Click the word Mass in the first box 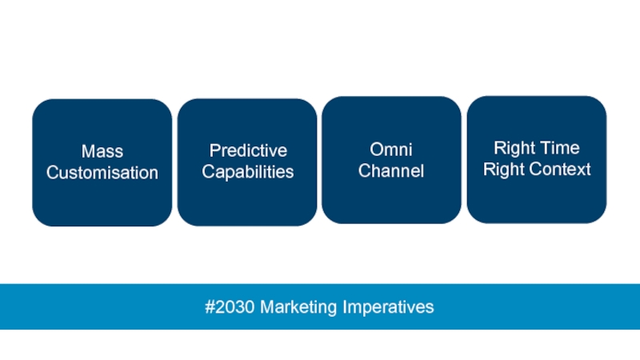click(x=102, y=151)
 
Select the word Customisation click(x=102, y=173)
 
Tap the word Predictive click(x=248, y=150)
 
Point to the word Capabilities click(x=248, y=172)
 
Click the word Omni click(x=391, y=150)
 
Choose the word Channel click(x=391, y=170)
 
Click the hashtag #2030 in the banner click(x=230, y=306)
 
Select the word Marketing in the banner click(x=298, y=307)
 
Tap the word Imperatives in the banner click(x=388, y=307)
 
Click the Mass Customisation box click(x=102, y=162)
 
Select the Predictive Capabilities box click(x=247, y=162)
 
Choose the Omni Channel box click(x=391, y=160)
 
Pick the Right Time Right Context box click(x=537, y=159)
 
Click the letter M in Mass click(x=88, y=151)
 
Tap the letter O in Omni click(x=377, y=150)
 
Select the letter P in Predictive click(x=215, y=150)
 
